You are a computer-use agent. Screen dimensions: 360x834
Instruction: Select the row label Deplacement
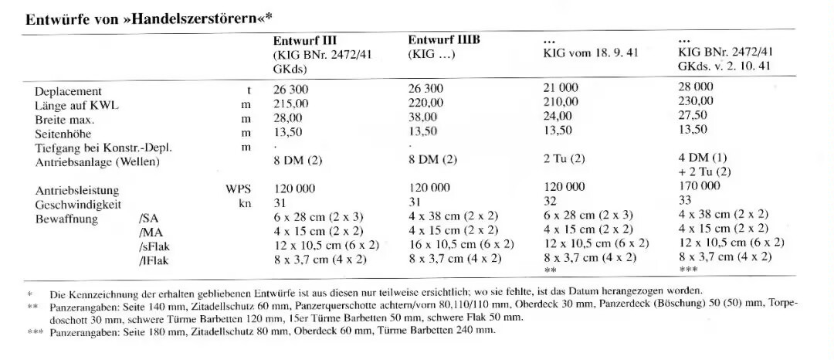point(68,91)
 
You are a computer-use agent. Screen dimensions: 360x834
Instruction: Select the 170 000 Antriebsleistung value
point(699,186)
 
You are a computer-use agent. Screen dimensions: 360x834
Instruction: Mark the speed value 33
point(685,200)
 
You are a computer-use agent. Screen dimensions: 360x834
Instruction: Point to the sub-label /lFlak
point(151,261)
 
